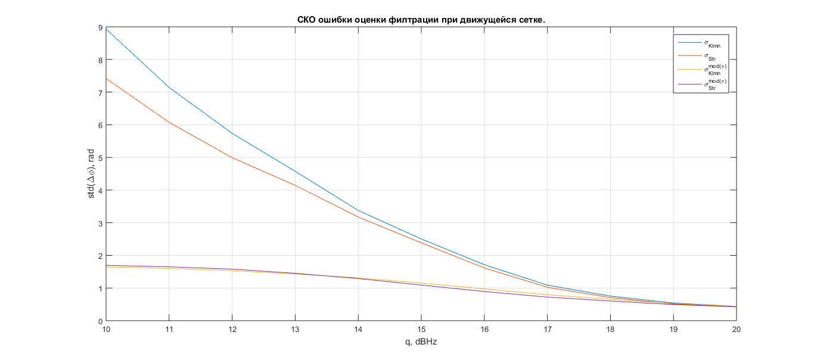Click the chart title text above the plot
point(421,20)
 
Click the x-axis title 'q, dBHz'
point(421,342)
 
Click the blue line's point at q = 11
point(169,88)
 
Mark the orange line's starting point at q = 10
point(107,79)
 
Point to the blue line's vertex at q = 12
point(232,134)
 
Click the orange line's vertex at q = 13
point(295,185)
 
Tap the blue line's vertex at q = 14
point(358,210)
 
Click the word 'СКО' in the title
point(307,20)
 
